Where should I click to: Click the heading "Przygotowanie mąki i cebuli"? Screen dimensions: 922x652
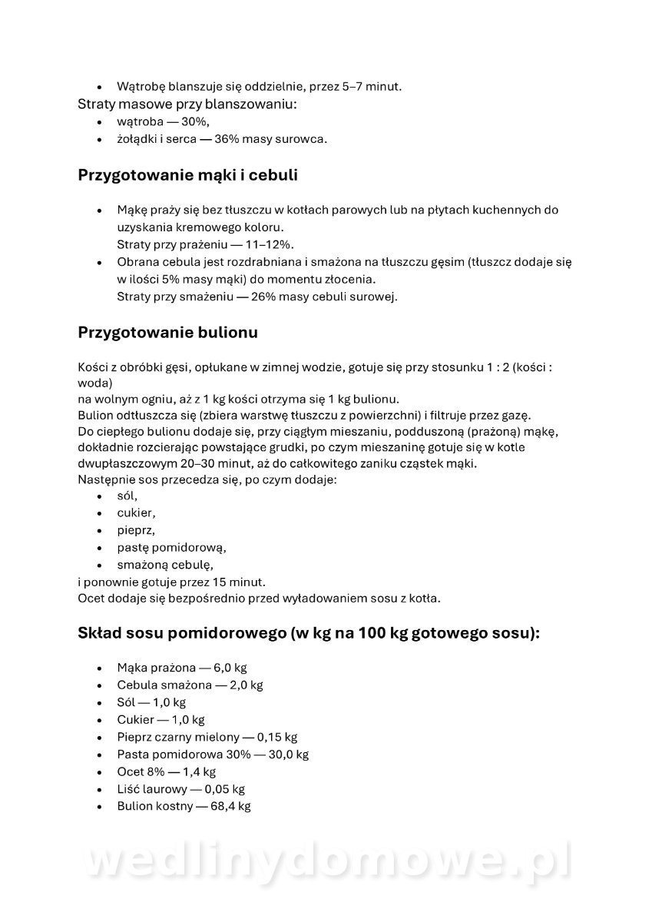click(x=187, y=175)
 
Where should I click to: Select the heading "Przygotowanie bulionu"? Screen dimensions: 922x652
click(x=167, y=333)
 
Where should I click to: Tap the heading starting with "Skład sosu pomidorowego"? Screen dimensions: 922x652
click(x=309, y=634)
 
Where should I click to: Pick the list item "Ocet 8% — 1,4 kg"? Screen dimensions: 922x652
click(x=166, y=771)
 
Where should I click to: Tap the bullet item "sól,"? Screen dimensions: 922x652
click(x=127, y=496)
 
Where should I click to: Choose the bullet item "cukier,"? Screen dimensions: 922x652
click(x=136, y=513)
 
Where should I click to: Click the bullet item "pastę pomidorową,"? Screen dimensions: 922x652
click(x=171, y=548)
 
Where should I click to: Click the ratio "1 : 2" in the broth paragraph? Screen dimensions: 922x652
click(x=494, y=367)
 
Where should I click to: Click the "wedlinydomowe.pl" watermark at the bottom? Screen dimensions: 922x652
click(x=326, y=861)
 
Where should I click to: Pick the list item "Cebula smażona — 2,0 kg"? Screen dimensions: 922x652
click(x=190, y=685)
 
